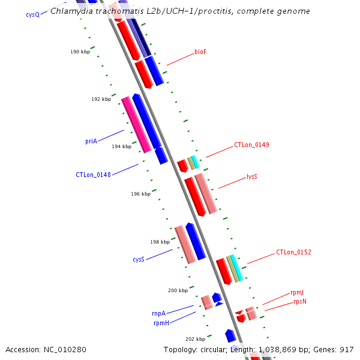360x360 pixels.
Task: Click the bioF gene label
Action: click(x=200, y=52)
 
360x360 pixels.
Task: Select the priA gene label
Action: click(x=91, y=142)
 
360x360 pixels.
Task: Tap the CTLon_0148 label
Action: click(x=92, y=175)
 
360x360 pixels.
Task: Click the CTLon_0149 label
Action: click(x=251, y=145)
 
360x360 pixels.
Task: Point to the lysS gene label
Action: click(x=252, y=177)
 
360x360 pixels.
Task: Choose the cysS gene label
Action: click(x=139, y=260)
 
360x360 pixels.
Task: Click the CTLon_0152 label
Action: click(x=293, y=253)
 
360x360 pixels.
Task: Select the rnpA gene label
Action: click(x=158, y=313)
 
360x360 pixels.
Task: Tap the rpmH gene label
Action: click(x=161, y=323)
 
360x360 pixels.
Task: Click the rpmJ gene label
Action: click(x=297, y=293)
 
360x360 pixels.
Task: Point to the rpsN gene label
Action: click(x=300, y=302)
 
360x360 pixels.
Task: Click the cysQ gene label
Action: click(x=32, y=14)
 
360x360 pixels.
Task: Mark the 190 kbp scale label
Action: click(x=80, y=52)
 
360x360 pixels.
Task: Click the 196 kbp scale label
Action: click(x=140, y=194)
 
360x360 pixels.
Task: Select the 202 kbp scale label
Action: click(x=195, y=339)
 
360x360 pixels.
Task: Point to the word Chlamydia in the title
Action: click(x=70, y=11)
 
